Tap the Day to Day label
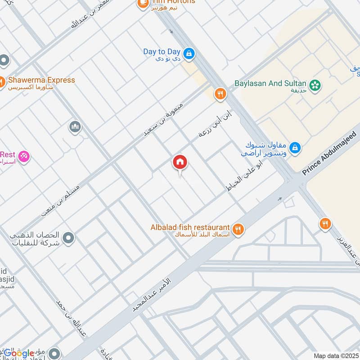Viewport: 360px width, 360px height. click(x=162, y=52)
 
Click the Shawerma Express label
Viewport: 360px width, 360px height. click(x=41, y=80)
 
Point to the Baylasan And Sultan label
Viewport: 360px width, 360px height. click(x=270, y=83)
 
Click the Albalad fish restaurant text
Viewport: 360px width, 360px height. click(x=190, y=227)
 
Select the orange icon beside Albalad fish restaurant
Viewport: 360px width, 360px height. click(x=238, y=229)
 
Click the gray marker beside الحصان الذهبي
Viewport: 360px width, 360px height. click(x=68, y=237)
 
